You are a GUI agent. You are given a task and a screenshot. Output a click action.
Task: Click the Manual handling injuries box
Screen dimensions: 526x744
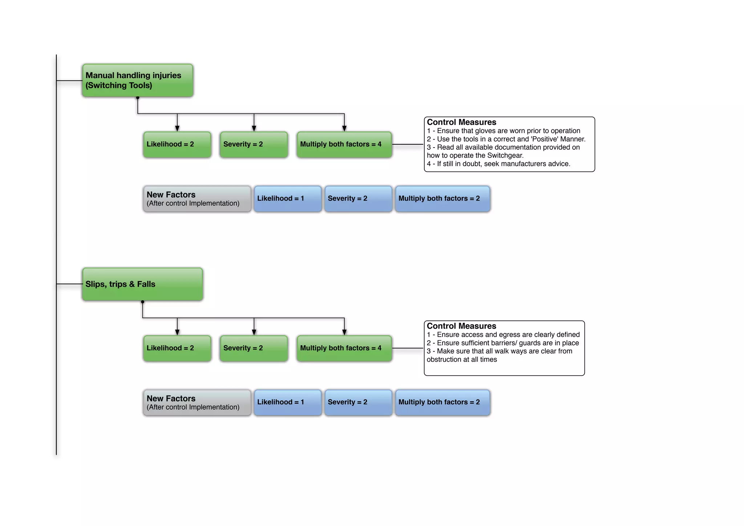point(137,80)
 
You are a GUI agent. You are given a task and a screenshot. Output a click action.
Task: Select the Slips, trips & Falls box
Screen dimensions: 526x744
point(142,284)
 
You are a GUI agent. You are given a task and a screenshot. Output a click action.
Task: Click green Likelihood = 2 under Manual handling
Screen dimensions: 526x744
point(177,144)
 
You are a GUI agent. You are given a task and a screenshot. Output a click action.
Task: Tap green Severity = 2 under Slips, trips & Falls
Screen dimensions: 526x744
point(254,348)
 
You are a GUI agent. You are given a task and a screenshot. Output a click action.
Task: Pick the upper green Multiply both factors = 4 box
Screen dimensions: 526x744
point(344,144)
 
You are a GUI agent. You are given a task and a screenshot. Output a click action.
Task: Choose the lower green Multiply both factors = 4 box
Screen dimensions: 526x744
point(344,348)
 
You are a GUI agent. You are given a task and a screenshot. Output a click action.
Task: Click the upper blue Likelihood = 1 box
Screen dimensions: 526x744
point(287,198)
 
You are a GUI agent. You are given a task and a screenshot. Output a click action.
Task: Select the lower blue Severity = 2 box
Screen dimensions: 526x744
point(358,402)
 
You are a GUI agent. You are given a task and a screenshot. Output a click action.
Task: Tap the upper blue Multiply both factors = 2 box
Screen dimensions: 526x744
point(442,198)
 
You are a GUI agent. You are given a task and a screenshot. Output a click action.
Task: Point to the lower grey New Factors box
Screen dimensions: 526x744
point(197,402)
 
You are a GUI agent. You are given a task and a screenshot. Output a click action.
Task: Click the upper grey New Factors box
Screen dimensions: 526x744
point(197,198)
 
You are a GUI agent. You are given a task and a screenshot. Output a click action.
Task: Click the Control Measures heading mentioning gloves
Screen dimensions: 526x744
point(461,122)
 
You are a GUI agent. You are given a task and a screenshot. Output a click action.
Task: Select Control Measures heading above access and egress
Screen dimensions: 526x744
point(461,326)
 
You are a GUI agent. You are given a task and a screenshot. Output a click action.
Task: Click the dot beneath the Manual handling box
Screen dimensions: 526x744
point(138,98)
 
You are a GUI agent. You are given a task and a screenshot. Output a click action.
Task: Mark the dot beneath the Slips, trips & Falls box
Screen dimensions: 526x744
point(142,302)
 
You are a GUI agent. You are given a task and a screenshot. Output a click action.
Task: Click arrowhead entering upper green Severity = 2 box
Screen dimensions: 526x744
point(254,128)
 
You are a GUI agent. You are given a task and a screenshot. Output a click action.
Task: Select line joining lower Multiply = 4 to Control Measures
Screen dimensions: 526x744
point(408,348)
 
